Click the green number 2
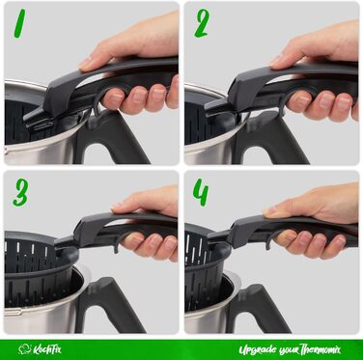pyautogui.click(x=202, y=23)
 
